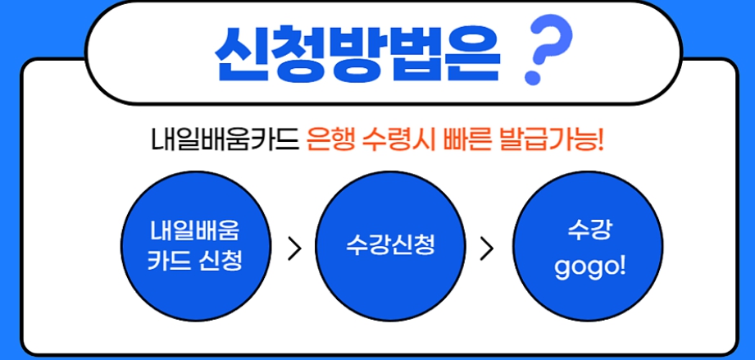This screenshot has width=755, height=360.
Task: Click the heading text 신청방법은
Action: [357, 53]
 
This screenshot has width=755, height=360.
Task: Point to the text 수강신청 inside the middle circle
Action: [389, 244]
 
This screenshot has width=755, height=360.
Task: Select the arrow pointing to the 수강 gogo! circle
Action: [488, 248]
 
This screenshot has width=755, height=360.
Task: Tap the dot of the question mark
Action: [535, 80]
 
